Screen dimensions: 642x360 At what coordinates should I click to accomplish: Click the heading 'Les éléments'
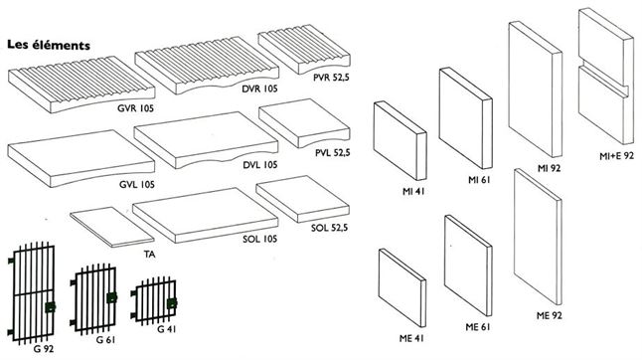pyautogui.click(x=49, y=45)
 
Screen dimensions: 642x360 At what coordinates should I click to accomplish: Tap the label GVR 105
pyautogui.click(x=135, y=108)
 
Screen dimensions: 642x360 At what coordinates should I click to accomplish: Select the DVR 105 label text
pyautogui.click(x=259, y=89)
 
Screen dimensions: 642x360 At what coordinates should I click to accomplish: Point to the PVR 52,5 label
pyautogui.click(x=331, y=77)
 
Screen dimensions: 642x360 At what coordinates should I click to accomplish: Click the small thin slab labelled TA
pyautogui.click(x=111, y=227)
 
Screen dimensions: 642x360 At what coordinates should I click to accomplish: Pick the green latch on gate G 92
pyautogui.click(x=50, y=306)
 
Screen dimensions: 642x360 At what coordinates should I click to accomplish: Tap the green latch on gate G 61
pyautogui.click(x=111, y=297)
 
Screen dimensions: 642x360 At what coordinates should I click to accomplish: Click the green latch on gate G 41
pyautogui.click(x=172, y=303)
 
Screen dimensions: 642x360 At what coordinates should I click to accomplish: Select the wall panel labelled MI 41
pyautogui.click(x=401, y=140)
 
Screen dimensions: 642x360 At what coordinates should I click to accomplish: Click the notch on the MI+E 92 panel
pyautogui.click(x=605, y=80)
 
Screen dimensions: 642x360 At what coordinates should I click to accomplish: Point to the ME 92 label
pyautogui.click(x=549, y=315)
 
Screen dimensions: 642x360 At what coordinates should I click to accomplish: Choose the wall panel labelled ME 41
pyautogui.click(x=402, y=287)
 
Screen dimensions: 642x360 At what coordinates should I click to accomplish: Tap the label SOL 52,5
pyautogui.click(x=329, y=228)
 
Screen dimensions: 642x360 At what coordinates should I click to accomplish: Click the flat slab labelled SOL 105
pyautogui.click(x=206, y=215)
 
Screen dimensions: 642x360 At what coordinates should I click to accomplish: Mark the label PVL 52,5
pyautogui.click(x=333, y=153)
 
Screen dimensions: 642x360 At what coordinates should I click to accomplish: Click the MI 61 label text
pyautogui.click(x=479, y=180)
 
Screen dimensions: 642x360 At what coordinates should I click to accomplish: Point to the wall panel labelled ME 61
pyautogui.click(x=468, y=265)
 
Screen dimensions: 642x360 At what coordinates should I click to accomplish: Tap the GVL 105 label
pyautogui.click(x=137, y=185)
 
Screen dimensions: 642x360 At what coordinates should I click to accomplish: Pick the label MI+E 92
pyautogui.click(x=616, y=155)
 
